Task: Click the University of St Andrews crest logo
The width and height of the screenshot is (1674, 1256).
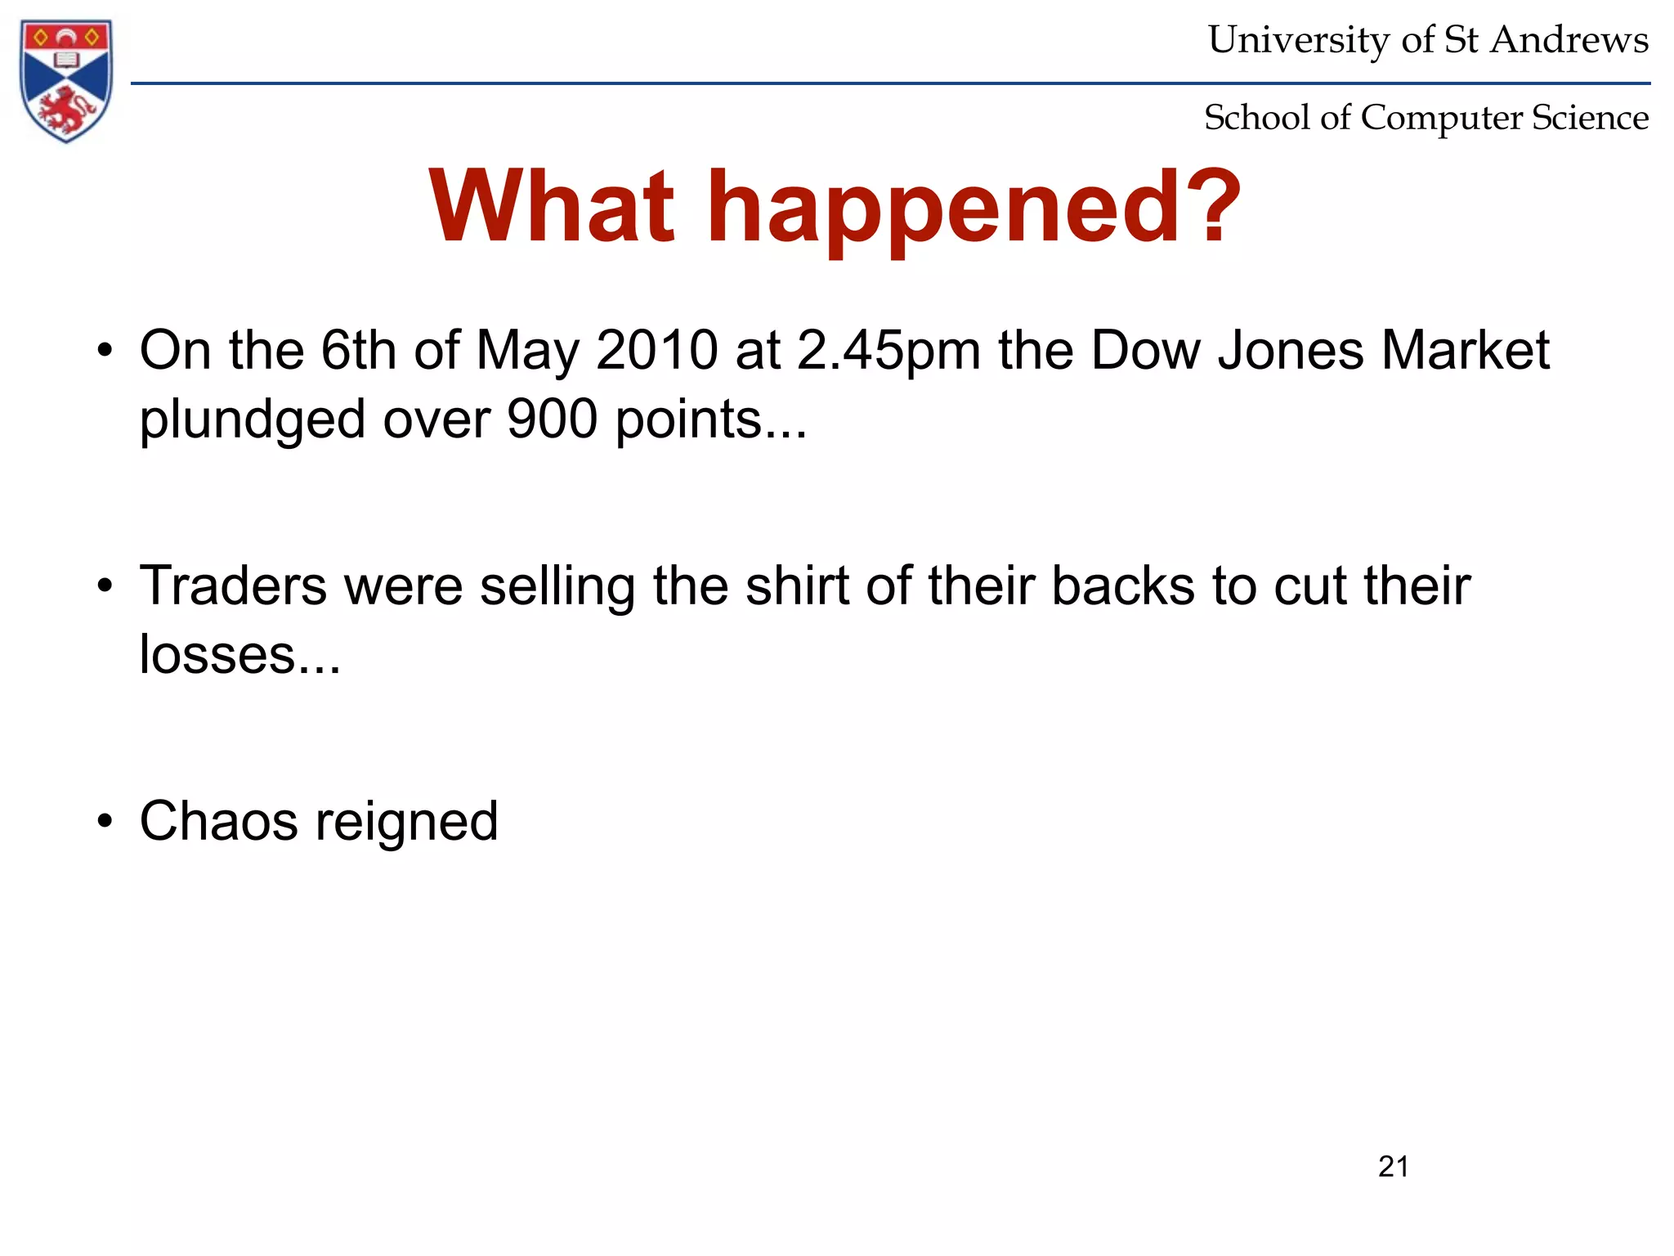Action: coord(66,80)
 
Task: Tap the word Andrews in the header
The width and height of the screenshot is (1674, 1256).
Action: coord(1569,39)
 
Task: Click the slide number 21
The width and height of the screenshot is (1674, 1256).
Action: coord(1393,1166)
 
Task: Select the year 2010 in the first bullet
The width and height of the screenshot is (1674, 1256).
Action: coord(657,350)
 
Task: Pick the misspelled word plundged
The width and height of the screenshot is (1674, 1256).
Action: coord(252,420)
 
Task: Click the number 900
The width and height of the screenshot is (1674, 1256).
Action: coord(553,419)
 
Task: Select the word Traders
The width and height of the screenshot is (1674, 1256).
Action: coord(233,586)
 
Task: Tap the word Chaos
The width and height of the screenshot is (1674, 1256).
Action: coord(218,821)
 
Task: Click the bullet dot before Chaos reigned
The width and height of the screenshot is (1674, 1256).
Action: coord(104,821)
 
